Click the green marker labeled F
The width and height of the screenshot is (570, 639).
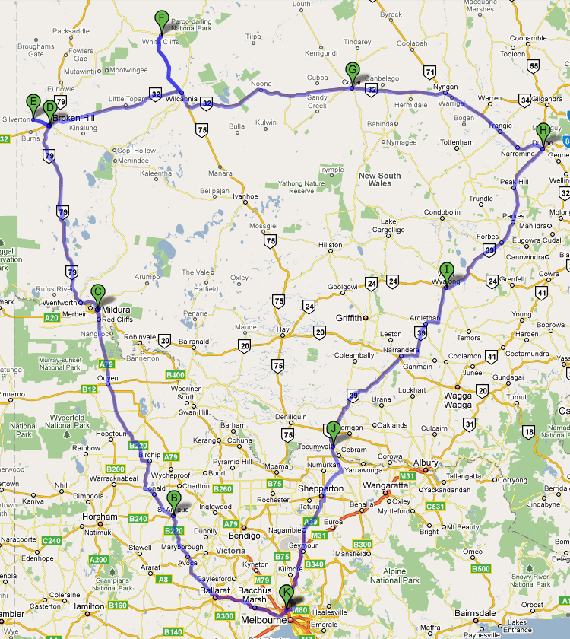[161, 19]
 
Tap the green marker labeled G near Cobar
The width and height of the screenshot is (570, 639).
[352, 71]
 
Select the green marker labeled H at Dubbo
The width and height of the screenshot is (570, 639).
[542, 132]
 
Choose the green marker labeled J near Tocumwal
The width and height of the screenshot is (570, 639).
[332, 430]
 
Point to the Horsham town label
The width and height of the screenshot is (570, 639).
[102, 517]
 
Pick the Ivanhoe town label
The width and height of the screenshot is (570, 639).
[245, 196]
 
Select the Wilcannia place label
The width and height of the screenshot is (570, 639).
[182, 99]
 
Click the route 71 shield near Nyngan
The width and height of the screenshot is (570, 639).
[431, 73]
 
